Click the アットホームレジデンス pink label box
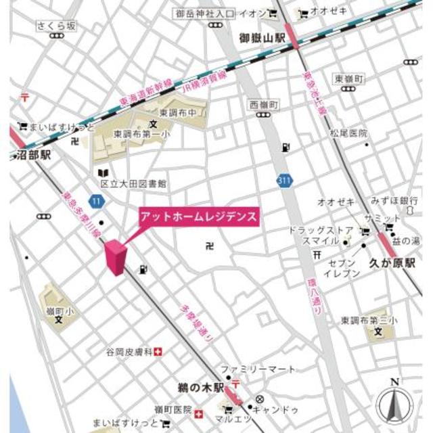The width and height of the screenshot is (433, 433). [198, 217]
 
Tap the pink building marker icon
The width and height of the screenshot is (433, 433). [116, 258]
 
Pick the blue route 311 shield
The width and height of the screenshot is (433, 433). [285, 180]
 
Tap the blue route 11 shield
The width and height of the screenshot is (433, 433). [99, 201]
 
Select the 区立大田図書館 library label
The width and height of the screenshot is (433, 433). [134, 183]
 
